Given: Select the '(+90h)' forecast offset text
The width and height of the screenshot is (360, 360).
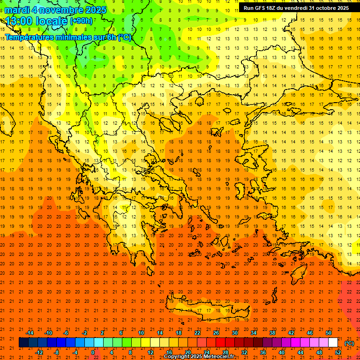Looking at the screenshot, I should [x=81, y=21].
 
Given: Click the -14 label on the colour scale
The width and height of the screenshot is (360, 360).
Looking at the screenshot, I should [x=30, y=333].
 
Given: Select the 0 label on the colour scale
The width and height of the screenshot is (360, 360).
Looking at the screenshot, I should [x=93, y=352].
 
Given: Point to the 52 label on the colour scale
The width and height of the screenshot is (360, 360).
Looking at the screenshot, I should [x=338, y=352].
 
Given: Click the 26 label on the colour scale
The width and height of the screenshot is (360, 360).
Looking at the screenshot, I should [x=216, y=333].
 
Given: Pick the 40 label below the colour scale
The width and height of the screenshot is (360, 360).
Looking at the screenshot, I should [x=282, y=352].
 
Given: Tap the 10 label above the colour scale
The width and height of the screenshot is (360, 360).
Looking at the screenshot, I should [x=141, y=333].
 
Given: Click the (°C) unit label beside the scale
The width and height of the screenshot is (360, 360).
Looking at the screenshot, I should [x=349, y=343].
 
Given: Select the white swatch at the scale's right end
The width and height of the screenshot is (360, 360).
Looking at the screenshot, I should [x=333, y=343].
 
